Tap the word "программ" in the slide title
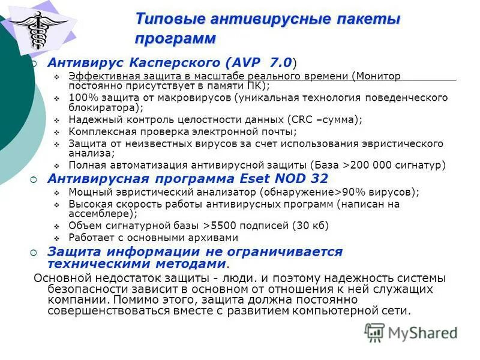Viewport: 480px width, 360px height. [175, 39]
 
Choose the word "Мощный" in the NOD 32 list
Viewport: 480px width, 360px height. [87, 192]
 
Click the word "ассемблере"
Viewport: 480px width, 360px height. [103, 214]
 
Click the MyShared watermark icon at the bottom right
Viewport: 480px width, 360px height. [374, 332]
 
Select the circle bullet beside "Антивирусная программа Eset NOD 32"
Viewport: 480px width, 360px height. [34, 179]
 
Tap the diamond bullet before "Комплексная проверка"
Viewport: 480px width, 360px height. [56, 132]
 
